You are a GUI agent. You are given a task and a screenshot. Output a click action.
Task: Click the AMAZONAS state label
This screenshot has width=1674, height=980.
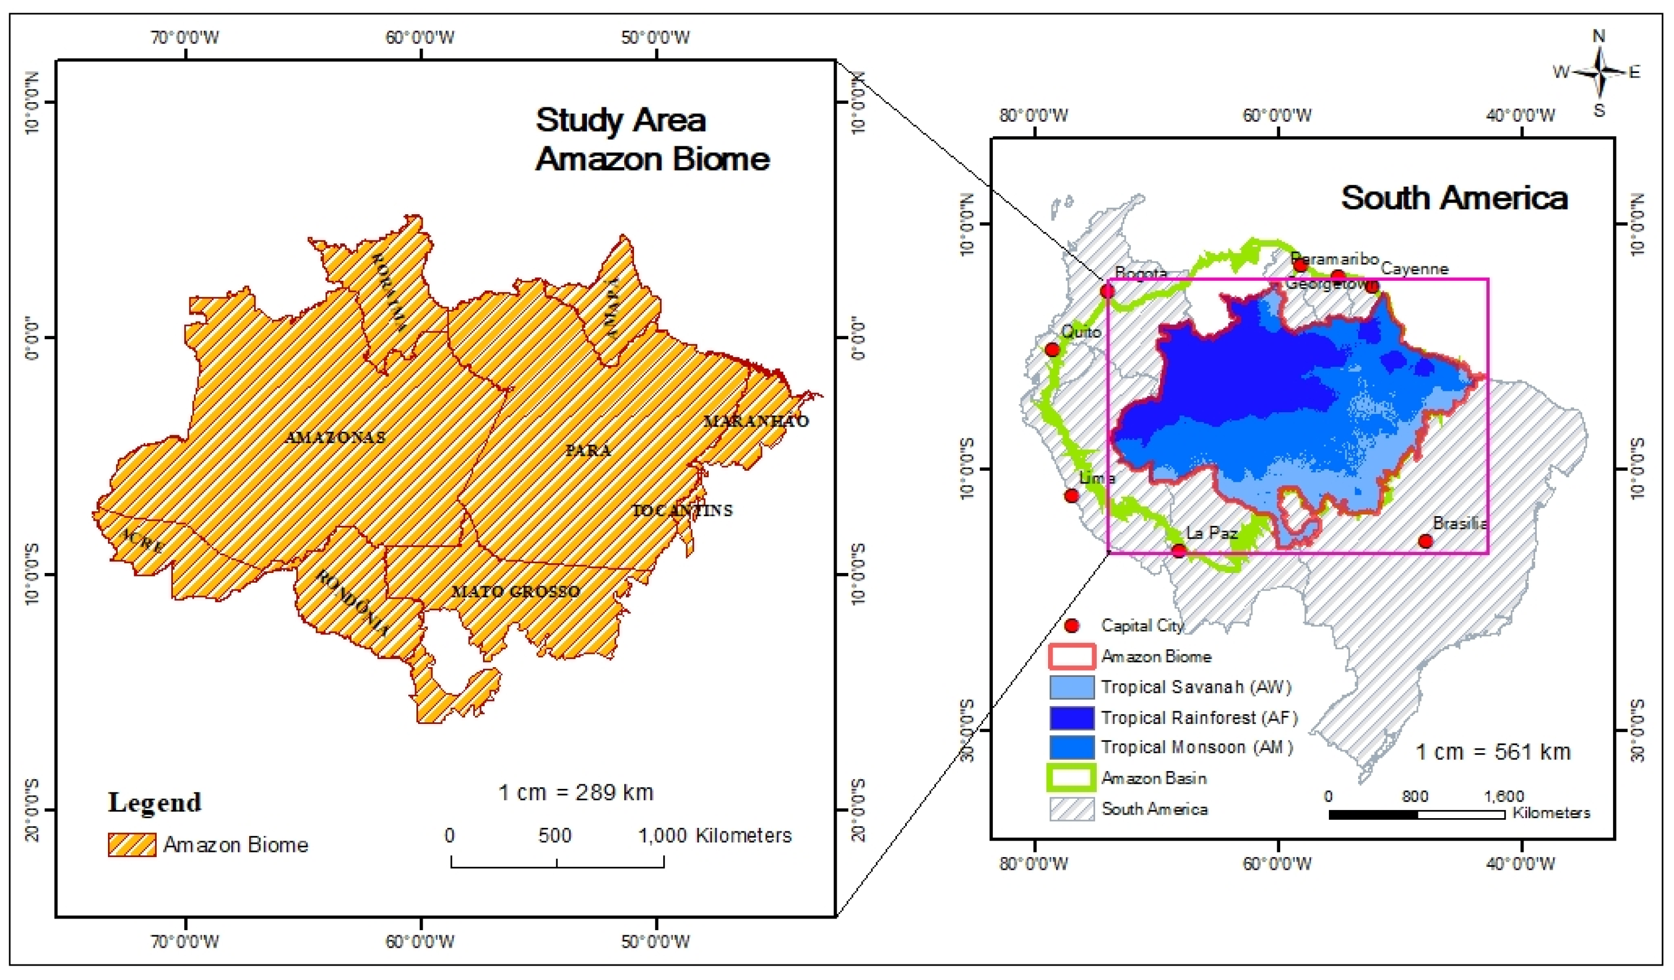click(335, 437)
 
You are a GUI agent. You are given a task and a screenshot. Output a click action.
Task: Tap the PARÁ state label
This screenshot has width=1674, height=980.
click(589, 451)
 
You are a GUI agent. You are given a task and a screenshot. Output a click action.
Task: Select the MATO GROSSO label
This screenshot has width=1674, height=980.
click(516, 591)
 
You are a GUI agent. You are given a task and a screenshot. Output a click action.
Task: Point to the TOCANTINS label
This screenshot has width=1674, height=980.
click(682, 510)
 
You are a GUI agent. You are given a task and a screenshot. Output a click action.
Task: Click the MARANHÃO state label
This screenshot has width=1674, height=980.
click(756, 421)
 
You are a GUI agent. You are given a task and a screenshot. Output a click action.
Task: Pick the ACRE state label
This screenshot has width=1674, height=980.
click(142, 541)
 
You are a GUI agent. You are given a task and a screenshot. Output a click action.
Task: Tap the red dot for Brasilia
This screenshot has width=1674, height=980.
click(1425, 542)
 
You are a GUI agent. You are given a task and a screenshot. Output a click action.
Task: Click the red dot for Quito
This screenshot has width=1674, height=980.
click(1052, 350)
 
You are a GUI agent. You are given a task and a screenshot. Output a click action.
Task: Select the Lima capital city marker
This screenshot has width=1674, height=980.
click(1072, 496)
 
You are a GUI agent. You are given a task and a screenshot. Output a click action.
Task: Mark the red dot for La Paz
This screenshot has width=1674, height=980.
click(1178, 551)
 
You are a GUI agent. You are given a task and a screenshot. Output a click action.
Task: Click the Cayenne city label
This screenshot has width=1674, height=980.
click(1415, 269)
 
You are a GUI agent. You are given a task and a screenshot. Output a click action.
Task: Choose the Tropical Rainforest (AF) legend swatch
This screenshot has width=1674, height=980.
click(1072, 718)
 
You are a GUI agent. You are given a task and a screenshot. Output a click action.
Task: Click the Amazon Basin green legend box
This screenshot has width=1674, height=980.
click(1072, 778)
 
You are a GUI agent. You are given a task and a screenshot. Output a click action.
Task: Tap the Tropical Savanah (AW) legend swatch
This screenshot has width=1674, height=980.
click(1072, 688)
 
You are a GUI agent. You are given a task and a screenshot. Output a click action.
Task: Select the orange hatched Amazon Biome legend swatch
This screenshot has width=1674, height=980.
click(132, 845)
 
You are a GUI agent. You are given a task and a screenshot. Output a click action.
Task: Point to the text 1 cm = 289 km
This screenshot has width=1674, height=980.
click(576, 793)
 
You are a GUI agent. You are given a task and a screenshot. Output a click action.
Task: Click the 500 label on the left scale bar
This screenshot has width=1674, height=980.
click(555, 835)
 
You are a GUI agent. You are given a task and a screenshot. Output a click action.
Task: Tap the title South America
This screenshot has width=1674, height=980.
click(1454, 198)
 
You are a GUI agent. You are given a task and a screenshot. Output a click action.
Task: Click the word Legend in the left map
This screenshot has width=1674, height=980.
click(155, 803)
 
